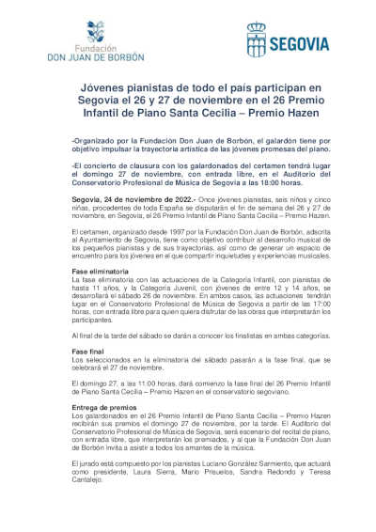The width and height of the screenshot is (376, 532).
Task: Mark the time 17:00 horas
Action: click(x=284, y=298)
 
